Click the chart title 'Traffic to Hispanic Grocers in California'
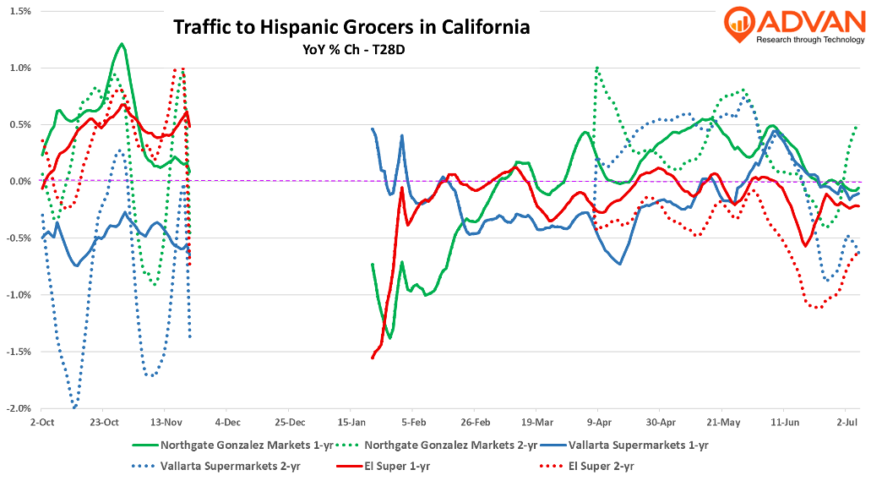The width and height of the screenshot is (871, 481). (x=351, y=27)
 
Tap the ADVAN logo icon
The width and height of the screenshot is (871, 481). (x=738, y=25)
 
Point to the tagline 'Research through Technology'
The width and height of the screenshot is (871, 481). (x=810, y=40)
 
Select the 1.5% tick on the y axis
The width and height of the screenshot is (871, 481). (x=19, y=11)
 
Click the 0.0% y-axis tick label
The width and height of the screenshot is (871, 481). (x=19, y=181)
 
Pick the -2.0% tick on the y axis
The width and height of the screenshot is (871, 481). (x=17, y=408)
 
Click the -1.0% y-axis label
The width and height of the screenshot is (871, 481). (x=17, y=295)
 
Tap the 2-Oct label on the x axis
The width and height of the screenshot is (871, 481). (x=42, y=421)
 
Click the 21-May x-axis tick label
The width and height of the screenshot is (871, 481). (x=723, y=421)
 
